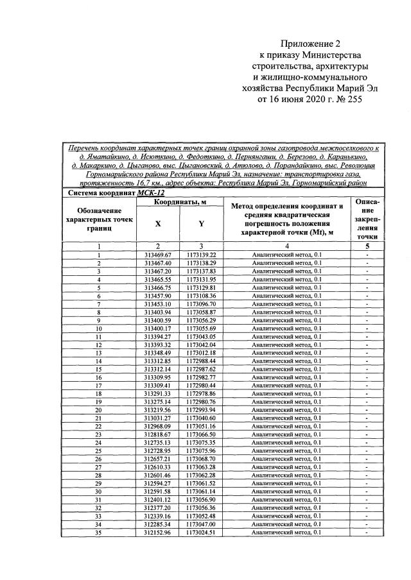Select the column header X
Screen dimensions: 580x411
pos(158,224)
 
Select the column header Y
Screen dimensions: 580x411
pos(201,224)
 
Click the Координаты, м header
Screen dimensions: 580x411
pos(180,202)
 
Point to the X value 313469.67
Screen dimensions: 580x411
pos(158,255)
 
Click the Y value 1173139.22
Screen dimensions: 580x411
pos(201,255)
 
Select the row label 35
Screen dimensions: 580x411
pos(99,533)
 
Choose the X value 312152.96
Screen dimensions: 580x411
pos(158,533)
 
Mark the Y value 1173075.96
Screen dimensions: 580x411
pos(201,451)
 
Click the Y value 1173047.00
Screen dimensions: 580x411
pos(201,524)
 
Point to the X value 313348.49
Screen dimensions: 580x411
pos(158,353)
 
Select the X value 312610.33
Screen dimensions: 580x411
pos(158,467)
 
